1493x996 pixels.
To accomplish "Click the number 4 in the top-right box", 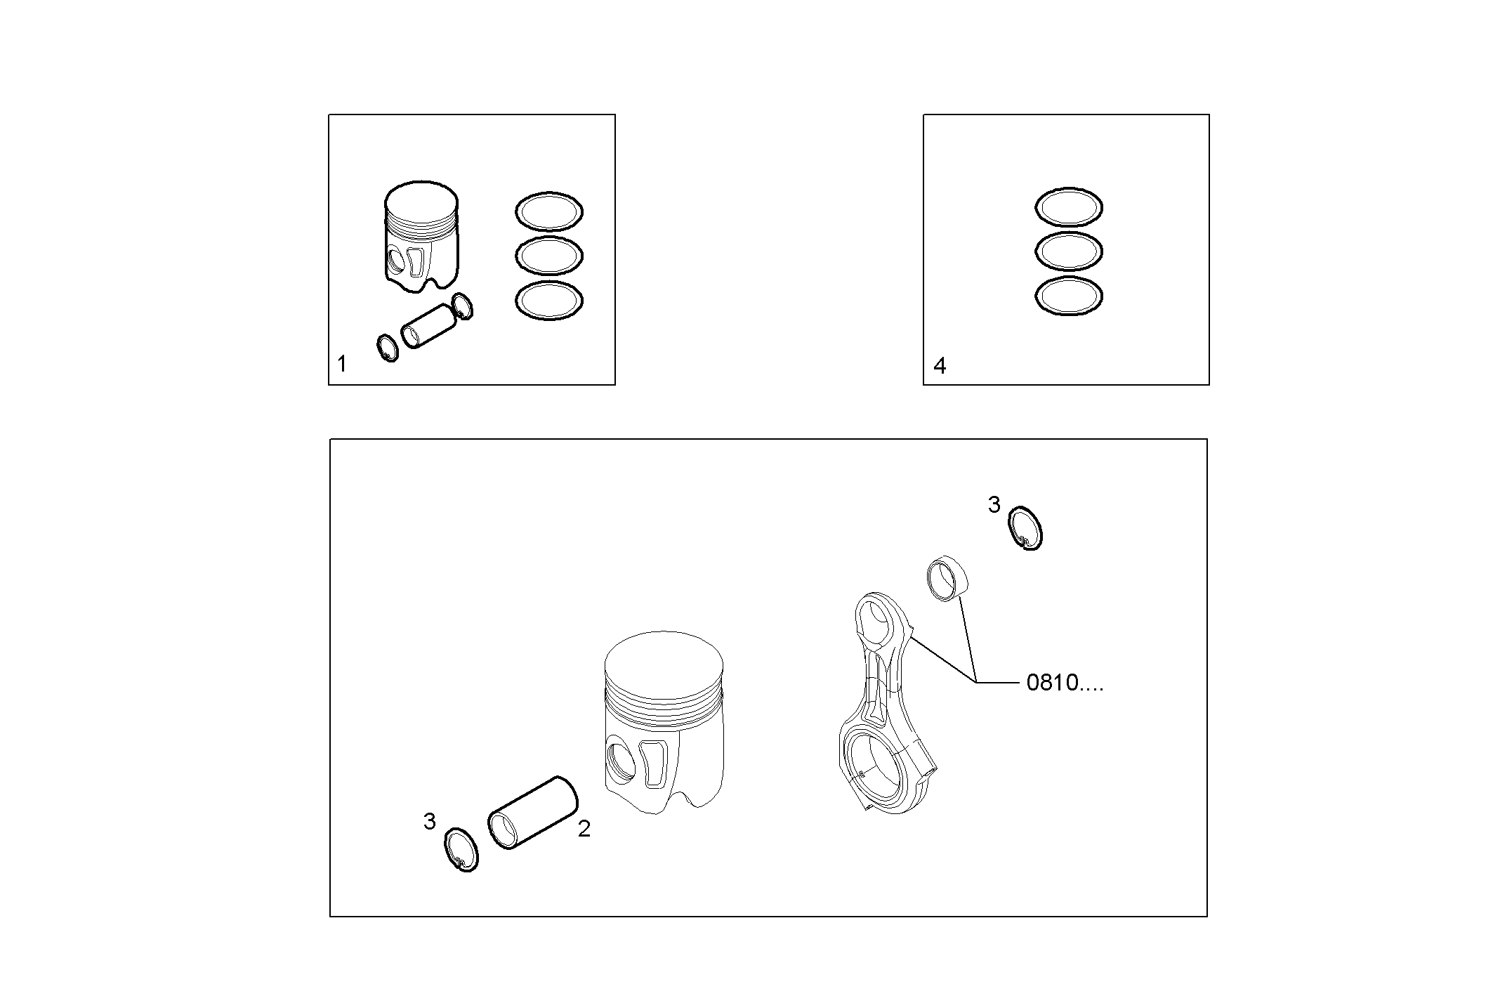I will coord(940,365).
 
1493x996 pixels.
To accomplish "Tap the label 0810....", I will coord(1063,683).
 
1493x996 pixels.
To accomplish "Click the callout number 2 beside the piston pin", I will coord(584,829).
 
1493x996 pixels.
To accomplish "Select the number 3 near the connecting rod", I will coord(994,504).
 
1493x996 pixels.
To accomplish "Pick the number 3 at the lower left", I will coord(429,821).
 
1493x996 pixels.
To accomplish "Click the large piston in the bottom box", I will coord(664,723).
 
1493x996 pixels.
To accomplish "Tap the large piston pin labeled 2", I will coord(532,813).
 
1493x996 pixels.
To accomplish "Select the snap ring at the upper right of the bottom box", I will coord(1026,528).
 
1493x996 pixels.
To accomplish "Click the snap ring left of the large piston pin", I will coord(461,850).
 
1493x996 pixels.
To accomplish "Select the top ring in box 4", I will coord(1068,207).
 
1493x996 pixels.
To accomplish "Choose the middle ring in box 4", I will coord(1068,251).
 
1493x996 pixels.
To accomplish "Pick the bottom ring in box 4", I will coord(1068,295).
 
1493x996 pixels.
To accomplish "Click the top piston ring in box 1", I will coord(549,211).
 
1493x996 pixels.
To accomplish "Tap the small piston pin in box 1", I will coord(424,326).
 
